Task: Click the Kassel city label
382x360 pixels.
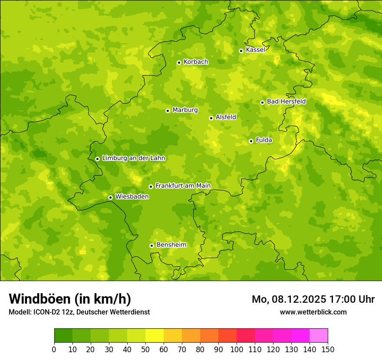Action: pyautogui.click(x=255, y=50)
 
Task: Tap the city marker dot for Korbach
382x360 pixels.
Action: pyautogui.click(x=179, y=62)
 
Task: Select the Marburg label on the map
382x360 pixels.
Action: pyautogui.click(x=185, y=110)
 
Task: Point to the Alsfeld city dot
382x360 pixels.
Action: pyautogui.click(x=211, y=118)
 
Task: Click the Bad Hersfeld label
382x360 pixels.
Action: pyautogui.click(x=286, y=101)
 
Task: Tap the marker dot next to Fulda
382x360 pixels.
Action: pyautogui.click(x=251, y=141)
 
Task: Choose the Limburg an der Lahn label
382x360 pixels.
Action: pyautogui.click(x=133, y=158)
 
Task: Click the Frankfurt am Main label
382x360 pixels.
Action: pyautogui.click(x=183, y=186)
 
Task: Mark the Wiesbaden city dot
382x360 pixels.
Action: pyautogui.click(x=110, y=197)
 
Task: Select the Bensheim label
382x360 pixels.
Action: pyautogui.click(x=171, y=245)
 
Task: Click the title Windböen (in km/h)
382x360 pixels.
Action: pyautogui.click(x=70, y=299)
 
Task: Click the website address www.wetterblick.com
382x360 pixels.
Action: pyautogui.click(x=313, y=312)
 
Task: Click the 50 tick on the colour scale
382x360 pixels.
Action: pyautogui.click(x=145, y=349)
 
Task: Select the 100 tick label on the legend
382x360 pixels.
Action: pyautogui.click(x=237, y=349)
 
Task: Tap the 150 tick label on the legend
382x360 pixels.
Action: pyautogui.click(x=328, y=349)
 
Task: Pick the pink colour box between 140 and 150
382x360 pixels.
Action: pyautogui.click(x=319, y=336)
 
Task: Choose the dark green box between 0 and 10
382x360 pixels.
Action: pyautogui.click(x=63, y=336)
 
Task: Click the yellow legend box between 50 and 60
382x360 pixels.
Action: pyautogui.click(x=155, y=336)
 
